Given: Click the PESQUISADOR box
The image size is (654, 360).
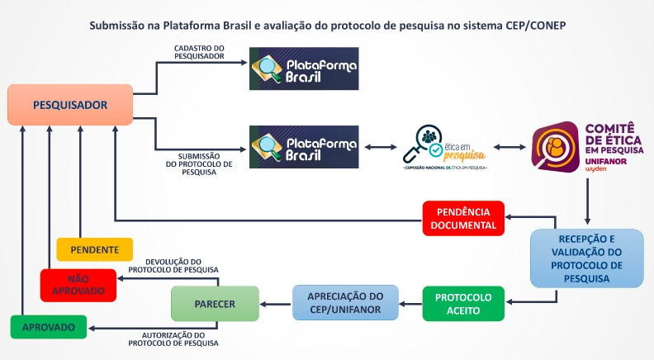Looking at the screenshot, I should [x=71, y=105].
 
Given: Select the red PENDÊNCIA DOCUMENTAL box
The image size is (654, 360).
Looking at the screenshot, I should [x=463, y=217].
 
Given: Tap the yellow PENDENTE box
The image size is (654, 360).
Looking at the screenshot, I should [x=94, y=249].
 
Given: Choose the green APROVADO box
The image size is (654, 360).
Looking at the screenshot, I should [x=50, y=327].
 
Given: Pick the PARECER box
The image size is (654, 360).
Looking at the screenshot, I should [x=215, y=303].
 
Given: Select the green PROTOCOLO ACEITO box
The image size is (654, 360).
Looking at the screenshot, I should [x=463, y=303].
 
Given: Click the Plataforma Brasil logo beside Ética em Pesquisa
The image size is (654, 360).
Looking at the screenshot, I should [x=304, y=147].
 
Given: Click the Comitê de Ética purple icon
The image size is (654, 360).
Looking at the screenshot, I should [x=555, y=147].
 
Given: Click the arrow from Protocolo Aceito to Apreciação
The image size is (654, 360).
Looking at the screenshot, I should [x=411, y=303].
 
